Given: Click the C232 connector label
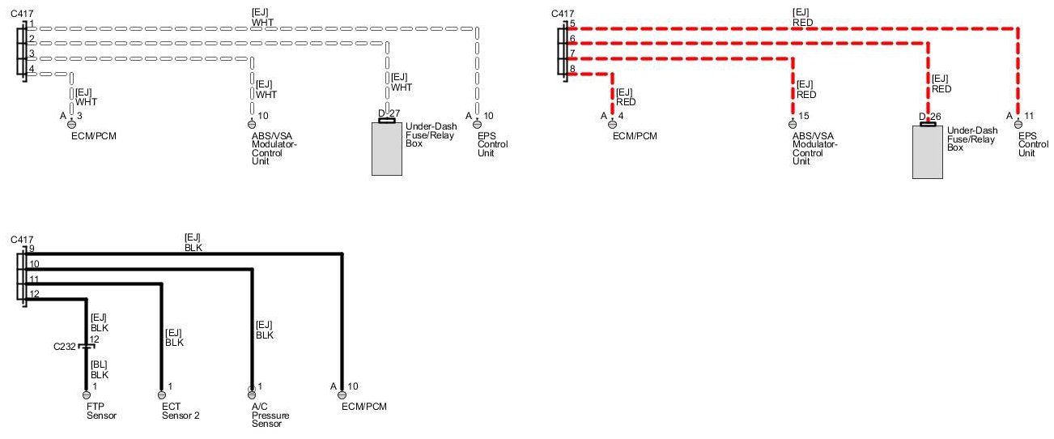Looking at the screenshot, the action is click(65, 347).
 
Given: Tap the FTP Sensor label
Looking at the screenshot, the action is click(101, 411).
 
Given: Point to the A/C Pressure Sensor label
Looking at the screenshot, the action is click(270, 415).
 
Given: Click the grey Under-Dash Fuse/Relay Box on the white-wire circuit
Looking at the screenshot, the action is click(386, 148).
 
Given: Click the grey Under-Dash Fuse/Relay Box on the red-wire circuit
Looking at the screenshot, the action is click(927, 151).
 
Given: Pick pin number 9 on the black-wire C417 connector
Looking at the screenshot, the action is click(32, 249).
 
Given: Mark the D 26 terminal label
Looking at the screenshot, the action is click(929, 117).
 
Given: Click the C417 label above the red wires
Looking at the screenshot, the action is click(562, 13).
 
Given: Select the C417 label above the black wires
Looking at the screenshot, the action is click(22, 240).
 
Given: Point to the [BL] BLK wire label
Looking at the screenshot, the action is click(99, 370).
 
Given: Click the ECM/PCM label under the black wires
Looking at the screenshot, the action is click(364, 406).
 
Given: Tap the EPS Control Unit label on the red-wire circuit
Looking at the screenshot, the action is click(1027, 144).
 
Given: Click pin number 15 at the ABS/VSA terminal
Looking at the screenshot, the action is click(803, 116).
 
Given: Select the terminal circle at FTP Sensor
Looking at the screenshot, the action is click(86, 394).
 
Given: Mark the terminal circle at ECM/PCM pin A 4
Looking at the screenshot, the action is click(611, 125).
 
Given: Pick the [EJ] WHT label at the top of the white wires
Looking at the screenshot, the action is click(263, 18).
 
